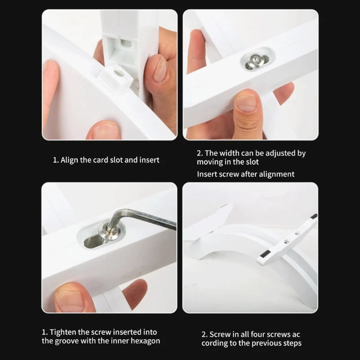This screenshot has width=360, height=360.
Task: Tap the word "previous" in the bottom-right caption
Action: (x=267, y=343)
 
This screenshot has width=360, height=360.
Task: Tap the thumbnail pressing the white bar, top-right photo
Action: (x=246, y=103)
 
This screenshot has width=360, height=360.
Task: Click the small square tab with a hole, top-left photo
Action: (x=115, y=78)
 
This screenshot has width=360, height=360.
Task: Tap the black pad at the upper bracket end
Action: (x=314, y=216)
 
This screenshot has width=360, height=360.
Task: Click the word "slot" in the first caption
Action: (x=117, y=160)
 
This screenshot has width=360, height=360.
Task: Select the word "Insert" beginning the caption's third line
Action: (x=207, y=174)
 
